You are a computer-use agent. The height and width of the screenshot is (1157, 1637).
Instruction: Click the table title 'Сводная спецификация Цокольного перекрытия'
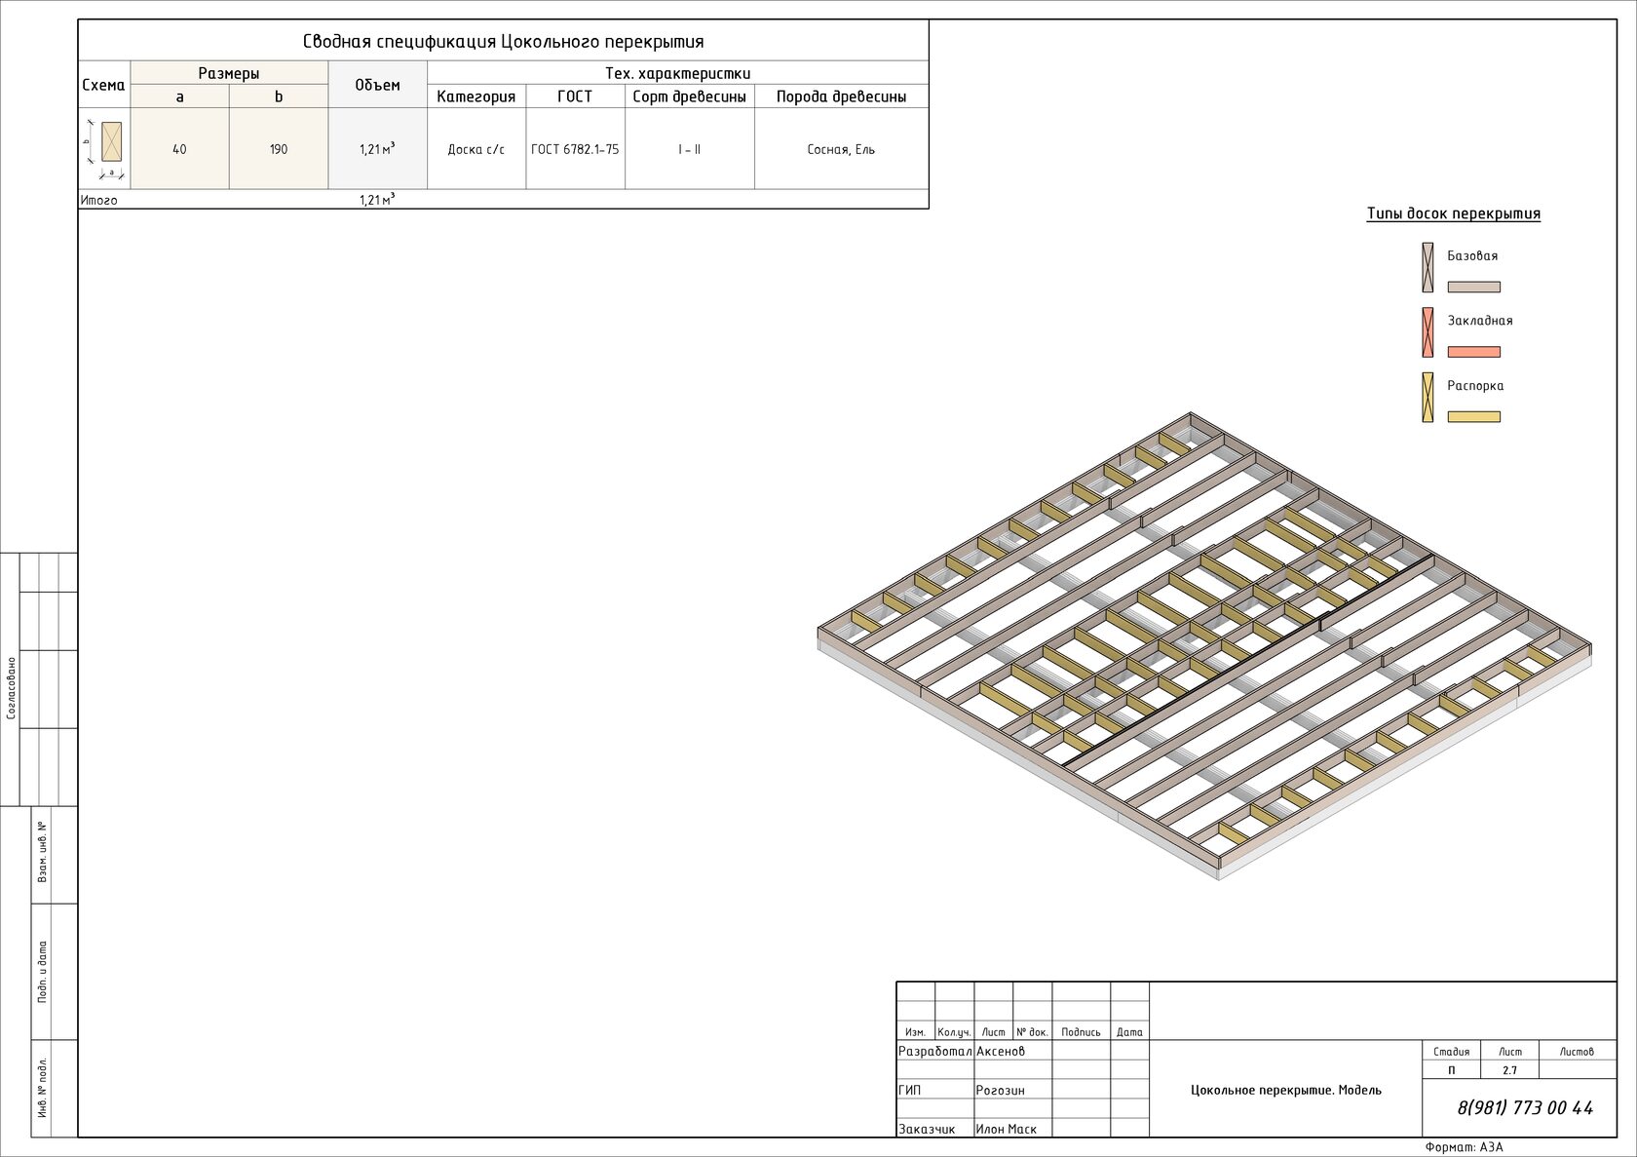[503, 42]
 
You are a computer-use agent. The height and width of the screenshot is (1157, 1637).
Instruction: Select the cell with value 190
[279, 149]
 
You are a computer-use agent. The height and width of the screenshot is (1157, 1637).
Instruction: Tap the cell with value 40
[179, 149]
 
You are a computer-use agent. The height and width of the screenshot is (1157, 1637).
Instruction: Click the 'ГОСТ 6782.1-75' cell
[575, 149]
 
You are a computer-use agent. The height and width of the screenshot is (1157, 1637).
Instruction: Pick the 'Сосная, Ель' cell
[841, 149]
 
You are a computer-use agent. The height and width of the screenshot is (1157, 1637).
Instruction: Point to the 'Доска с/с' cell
[476, 149]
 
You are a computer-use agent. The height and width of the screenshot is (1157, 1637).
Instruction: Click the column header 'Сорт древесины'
[689, 96]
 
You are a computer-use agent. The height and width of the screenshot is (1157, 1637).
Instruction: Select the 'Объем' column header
[377, 85]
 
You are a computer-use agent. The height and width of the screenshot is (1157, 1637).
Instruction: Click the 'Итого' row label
[99, 200]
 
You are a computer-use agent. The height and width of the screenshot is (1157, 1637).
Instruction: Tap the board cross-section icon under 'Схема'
[111, 142]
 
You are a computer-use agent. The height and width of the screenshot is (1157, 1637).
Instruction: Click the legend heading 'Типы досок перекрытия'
[1453, 213]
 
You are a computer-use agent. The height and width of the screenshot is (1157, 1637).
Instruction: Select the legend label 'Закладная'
[1479, 321]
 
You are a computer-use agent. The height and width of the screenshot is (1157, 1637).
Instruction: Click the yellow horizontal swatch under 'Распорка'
[1473, 417]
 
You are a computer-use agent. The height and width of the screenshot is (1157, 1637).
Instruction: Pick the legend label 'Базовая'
[1472, 256]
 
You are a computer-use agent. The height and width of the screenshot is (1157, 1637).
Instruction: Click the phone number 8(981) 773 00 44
[1525, 1108]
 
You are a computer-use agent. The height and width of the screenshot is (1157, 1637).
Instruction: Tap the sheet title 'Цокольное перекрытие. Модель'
[1285, 1090]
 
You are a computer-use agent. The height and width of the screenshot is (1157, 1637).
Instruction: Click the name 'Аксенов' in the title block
[1001, 1051]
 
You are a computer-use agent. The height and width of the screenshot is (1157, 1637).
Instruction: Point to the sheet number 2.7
[1509, 1070]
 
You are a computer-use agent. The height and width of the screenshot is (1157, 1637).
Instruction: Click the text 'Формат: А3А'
[1464, 1147]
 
